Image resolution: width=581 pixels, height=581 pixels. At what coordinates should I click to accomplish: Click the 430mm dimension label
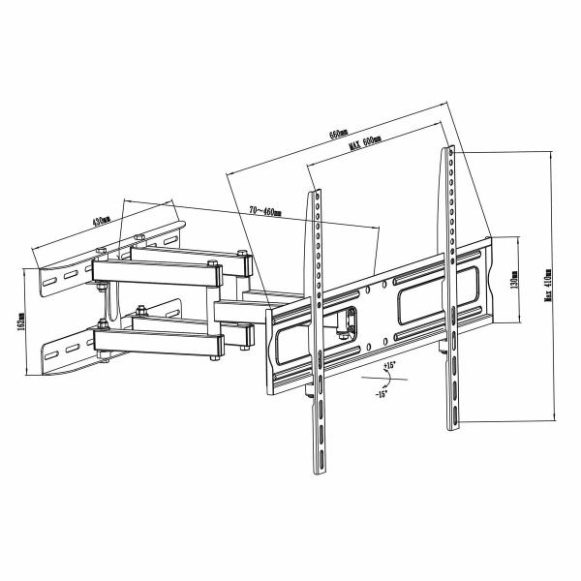(x=100, y=221)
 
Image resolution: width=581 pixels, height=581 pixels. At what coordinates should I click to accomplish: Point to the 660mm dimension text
(x=339, y=133)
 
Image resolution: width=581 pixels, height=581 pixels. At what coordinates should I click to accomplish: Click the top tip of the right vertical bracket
(x=450, y=148)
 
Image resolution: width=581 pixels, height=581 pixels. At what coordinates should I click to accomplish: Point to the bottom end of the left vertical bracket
(x=317, y=471)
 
